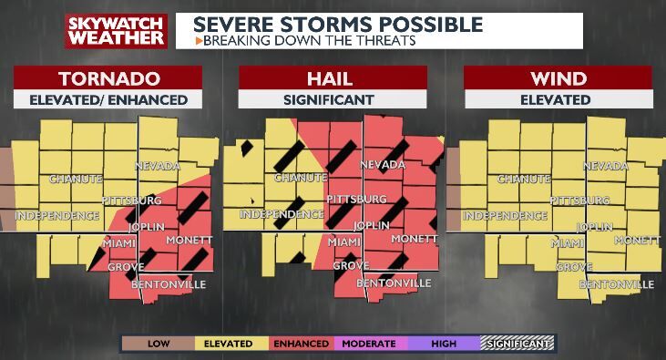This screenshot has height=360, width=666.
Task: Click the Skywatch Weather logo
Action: (116, 30)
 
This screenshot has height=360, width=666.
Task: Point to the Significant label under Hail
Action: (333, 99)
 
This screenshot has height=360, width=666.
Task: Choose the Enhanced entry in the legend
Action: (300, 344)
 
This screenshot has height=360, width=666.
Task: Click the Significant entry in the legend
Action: (517, 344)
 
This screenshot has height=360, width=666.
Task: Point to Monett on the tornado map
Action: (189, 239)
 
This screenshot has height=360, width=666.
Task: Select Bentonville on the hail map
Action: (394, 283)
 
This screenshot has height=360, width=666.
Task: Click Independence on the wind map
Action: (504, 216)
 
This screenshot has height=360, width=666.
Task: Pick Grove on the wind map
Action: (574, 267)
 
